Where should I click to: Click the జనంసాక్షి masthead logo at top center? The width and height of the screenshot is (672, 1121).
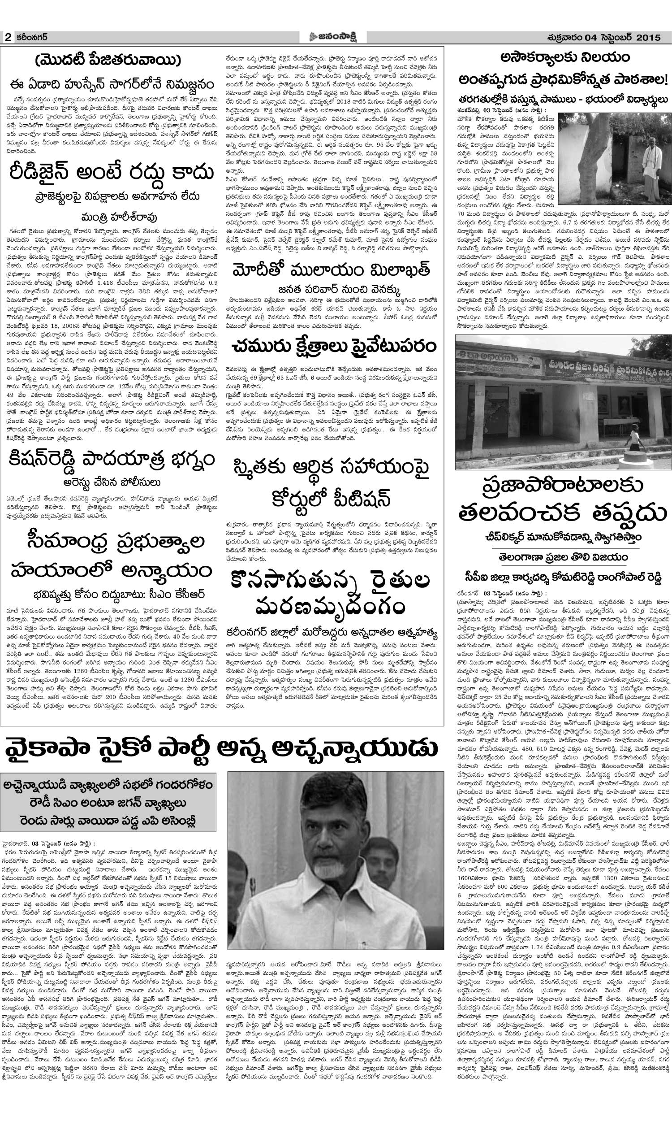(335, 37)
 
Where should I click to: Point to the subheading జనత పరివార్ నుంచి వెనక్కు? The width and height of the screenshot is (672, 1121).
(335, 289)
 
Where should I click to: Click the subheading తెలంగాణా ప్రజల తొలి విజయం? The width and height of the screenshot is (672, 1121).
(562, 556)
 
